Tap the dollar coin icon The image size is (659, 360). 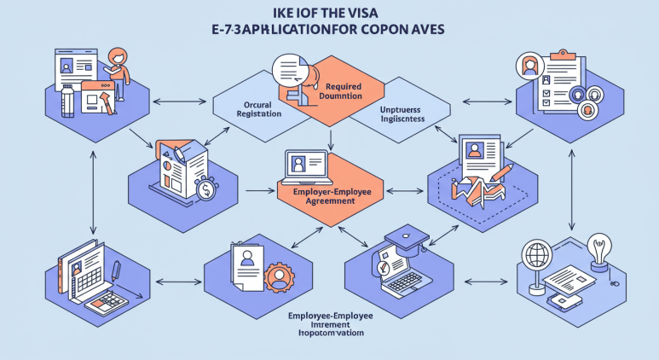click(205, 190)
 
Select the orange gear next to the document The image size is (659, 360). click(276, 278)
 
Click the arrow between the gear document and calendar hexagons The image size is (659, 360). click(175, 281)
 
